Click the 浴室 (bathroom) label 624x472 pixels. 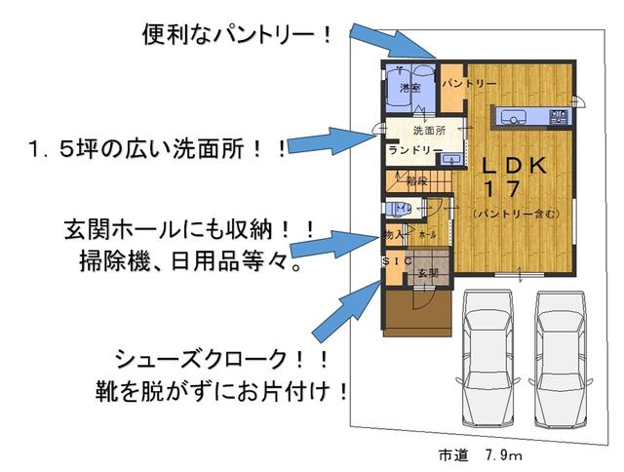[409, 88]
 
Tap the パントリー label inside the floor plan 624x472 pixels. [469, 85]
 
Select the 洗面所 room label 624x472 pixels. [429, 130]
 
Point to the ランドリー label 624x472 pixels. [409, 151]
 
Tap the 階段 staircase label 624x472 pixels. [417, 180]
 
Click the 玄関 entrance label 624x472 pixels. [428, 274]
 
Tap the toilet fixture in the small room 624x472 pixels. [397, 208]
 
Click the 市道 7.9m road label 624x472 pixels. [480, 455]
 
